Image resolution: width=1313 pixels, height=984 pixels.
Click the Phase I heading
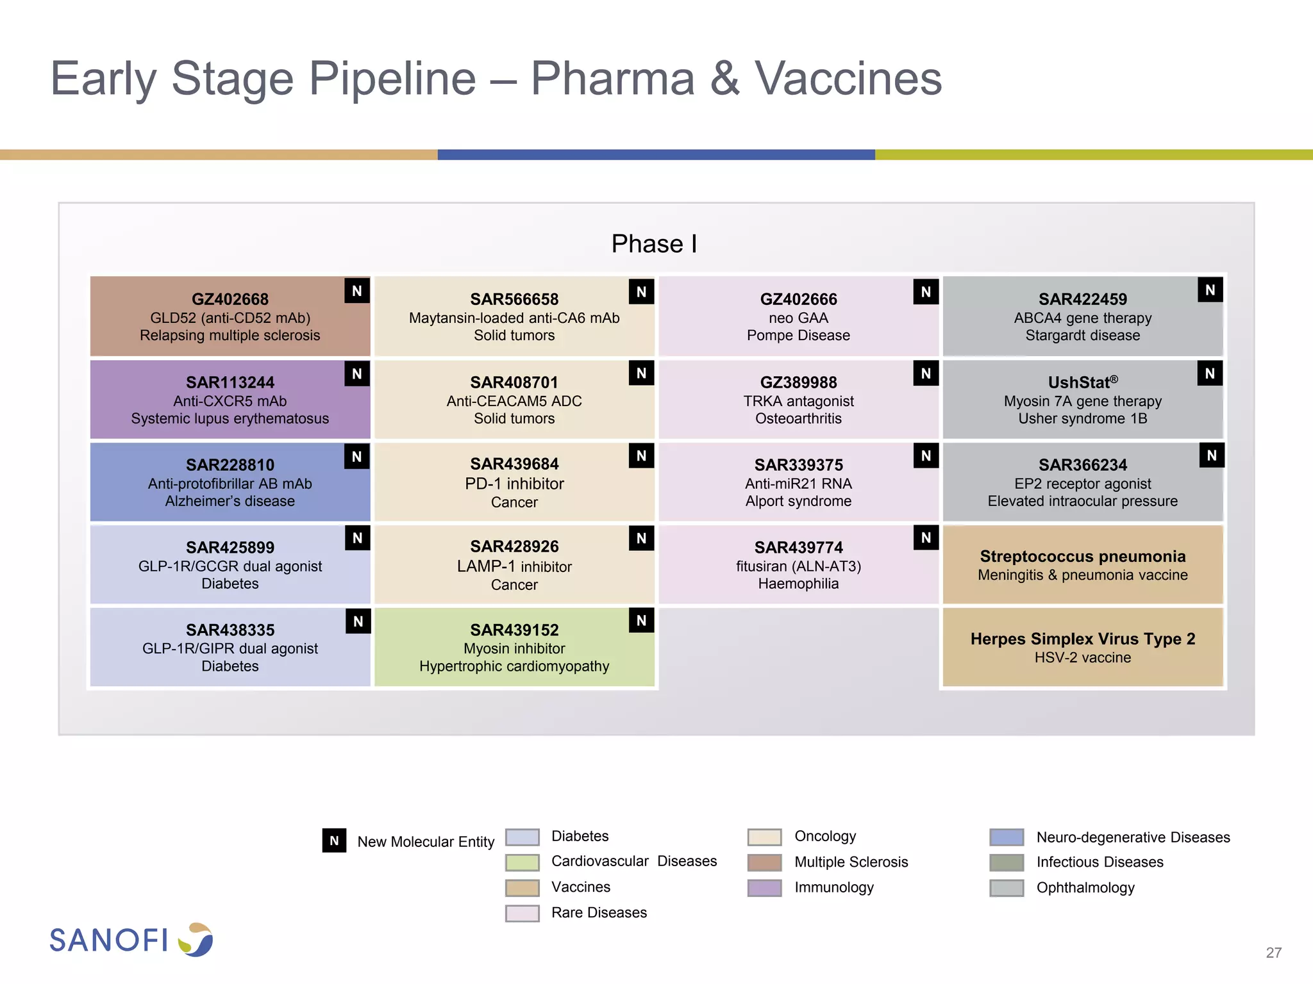[x=653, y=244]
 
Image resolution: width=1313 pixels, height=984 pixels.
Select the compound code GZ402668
[x=230, y=299]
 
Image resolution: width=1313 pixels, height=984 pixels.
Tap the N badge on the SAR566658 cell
[x=641, y=292]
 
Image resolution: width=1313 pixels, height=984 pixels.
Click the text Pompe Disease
[x=798, y=335]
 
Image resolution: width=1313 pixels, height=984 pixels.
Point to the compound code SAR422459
[x=1082, y=299]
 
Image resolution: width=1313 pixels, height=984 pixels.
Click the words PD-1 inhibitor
[x=514, y=484]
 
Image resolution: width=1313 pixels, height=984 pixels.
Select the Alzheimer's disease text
[x=230, y=501]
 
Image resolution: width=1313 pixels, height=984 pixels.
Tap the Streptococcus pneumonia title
[x=1082, y=556]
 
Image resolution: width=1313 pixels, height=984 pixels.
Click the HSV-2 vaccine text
[x=1082, y=657]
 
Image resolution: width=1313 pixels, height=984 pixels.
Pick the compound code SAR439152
[x=514, y=630]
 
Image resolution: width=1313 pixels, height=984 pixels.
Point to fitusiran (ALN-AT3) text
[x=798, y=566]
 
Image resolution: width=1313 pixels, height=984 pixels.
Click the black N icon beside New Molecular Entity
[x=334, y=840]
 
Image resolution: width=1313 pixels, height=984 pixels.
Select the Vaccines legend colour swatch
[x=522, y=888]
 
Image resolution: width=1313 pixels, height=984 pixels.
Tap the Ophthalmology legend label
[x=1085, y=888]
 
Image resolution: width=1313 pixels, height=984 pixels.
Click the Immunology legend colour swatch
[x=764, y=888]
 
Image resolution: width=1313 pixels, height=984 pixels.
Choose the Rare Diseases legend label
[x=599, y=912]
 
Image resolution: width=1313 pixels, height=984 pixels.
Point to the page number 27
[x=1273, y=953]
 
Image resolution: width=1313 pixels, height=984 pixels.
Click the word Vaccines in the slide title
[x=848, y=79]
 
